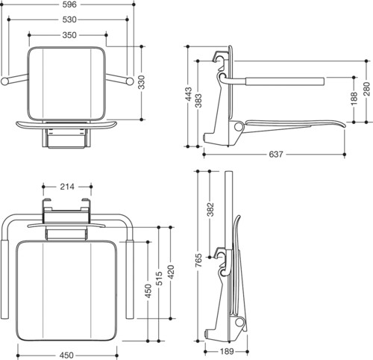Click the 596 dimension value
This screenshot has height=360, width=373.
69,4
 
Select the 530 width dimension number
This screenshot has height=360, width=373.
69,19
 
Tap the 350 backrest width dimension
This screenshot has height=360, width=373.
69,35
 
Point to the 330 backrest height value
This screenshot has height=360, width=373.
141,82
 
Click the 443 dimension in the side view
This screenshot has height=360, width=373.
189,94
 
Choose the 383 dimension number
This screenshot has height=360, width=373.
198,101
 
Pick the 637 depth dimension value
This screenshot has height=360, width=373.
276,155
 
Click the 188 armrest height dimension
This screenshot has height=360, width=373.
354,99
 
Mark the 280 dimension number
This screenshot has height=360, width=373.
366,89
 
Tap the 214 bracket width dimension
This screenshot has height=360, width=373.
67,187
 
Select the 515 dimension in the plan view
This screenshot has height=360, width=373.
159,279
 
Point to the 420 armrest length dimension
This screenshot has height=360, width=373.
171,273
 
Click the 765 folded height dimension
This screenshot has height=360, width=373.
198,261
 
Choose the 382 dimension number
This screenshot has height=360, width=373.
210,210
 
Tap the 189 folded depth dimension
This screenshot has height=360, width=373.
227,352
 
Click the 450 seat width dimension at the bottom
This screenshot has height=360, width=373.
66,355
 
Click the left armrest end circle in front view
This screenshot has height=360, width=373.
4,81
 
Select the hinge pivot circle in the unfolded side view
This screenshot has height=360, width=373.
238,127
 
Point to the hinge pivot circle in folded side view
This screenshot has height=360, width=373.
239,323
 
